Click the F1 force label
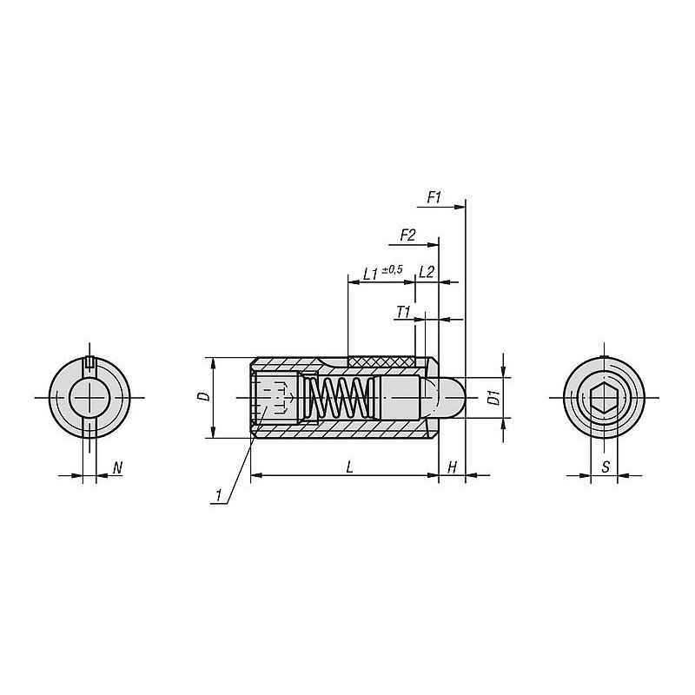(x=434, y=198)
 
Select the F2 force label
(x=407, y=235)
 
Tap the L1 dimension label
(x=371, y=274)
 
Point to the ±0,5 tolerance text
(x=393, y=269)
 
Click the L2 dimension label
(x=426, y=272)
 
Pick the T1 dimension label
(x=403, y=313)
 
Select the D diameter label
(x=204, y=397)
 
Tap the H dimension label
(x=452, y=467)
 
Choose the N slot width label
(x=117, y=467)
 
